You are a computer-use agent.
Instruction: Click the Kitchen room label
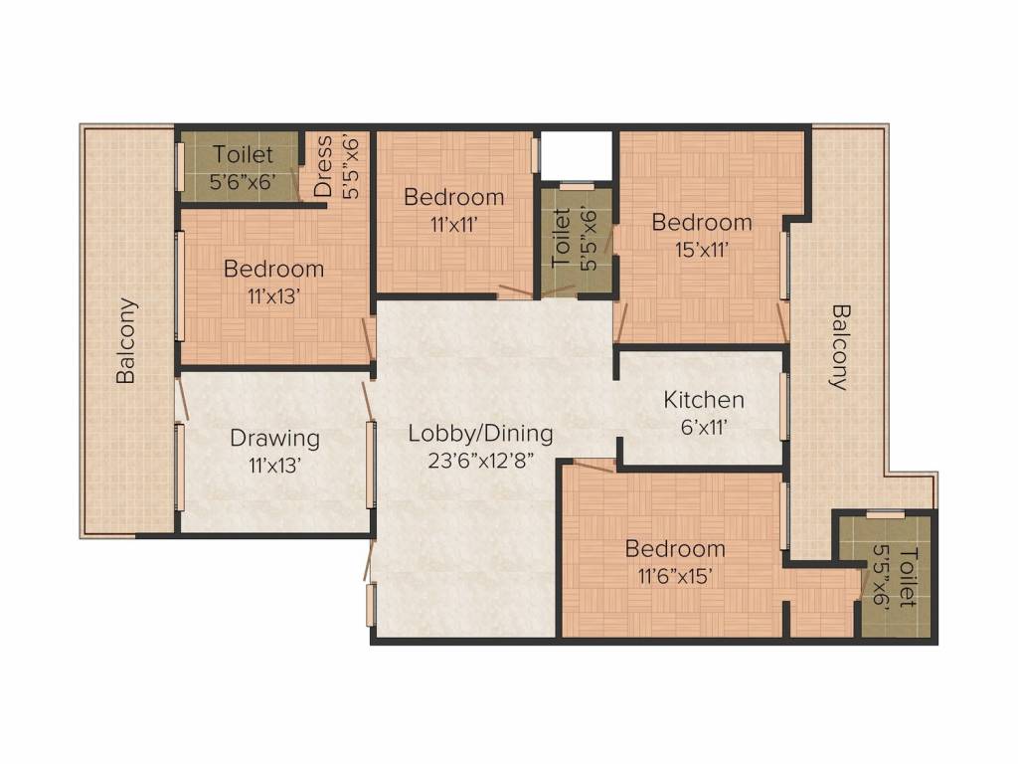[x=704, y=400]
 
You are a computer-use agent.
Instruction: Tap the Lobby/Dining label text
[x=480, y=433]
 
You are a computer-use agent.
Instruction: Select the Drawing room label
[x=274, y=438]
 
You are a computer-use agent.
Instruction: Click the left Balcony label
[x=126, y=341]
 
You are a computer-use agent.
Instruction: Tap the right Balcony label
[x=841, y=346]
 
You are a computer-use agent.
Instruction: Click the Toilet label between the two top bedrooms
[x=561, y=237]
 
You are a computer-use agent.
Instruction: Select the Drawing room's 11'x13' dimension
[x=274, y=464]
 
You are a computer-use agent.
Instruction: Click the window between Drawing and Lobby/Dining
[x=371, y=465]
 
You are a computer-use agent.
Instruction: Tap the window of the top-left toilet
[x=180, y=165]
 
